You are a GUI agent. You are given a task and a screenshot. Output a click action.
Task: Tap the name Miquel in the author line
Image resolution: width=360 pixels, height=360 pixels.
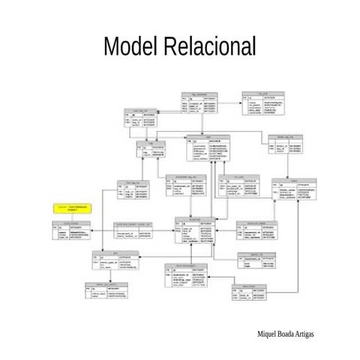(x=268, y=331)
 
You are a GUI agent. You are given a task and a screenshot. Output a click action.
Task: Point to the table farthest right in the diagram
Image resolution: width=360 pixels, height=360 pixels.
(x=293, y=190)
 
